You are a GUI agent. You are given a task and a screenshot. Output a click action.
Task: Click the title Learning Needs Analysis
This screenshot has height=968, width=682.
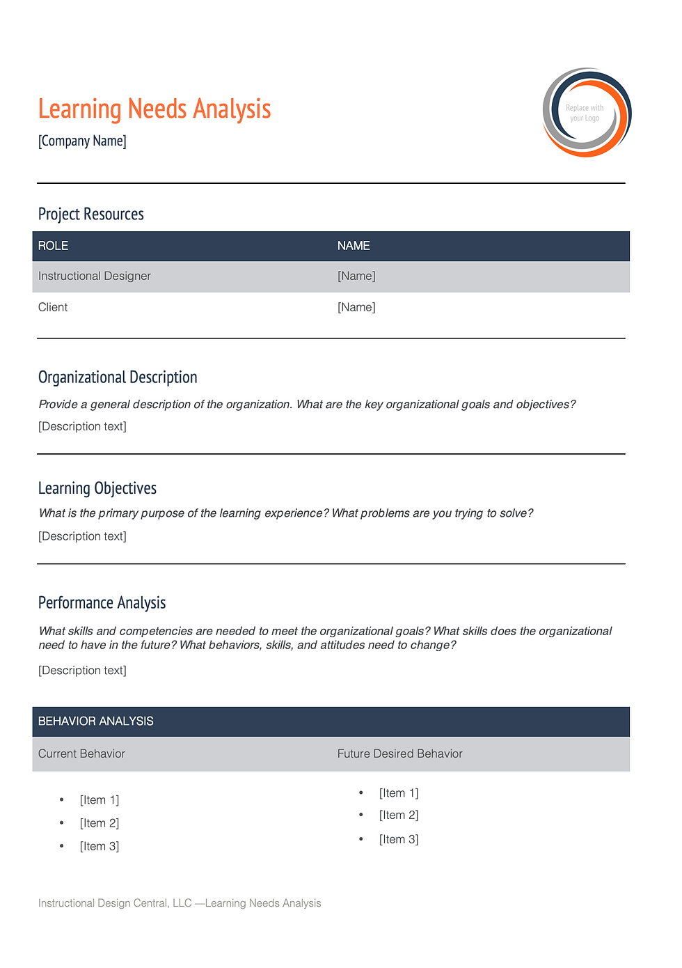(154, 109)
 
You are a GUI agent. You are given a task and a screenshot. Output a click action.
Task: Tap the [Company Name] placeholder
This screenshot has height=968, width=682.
(82, 141)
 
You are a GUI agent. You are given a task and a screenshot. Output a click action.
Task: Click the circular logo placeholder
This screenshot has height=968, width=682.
(587, 112)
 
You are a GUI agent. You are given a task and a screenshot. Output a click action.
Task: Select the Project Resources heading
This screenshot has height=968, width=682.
(91, 214)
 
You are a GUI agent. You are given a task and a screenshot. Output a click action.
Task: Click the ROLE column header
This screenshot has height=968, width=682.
(54, 246)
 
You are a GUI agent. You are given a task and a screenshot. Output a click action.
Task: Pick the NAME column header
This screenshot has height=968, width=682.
(354, 246)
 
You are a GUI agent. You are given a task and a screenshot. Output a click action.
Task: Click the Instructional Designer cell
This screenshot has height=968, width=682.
(95, 276)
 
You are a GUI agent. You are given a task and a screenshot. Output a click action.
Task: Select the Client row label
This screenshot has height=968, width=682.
(53, 307)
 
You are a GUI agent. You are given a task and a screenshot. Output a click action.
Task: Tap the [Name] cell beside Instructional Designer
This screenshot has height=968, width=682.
(356, 276)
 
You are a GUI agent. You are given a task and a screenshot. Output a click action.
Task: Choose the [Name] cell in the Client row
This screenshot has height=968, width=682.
(356, 307)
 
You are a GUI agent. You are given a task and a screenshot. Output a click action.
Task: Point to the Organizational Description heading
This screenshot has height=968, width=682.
(118, 377)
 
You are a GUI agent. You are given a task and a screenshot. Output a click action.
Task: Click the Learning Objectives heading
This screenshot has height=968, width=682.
(97, 488)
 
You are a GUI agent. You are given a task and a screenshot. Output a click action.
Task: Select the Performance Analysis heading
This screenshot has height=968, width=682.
(102, 603)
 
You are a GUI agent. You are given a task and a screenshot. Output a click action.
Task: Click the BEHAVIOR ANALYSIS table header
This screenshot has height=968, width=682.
(96, 721)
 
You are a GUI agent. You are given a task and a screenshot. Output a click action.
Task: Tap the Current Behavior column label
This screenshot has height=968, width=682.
(82, 754)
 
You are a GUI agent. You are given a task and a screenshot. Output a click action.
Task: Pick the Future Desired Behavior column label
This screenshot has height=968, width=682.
(400, 754)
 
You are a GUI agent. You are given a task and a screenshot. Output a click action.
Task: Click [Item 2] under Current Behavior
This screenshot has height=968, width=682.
(100, 823)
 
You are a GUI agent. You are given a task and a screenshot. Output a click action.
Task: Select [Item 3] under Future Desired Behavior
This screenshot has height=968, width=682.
(399, 839)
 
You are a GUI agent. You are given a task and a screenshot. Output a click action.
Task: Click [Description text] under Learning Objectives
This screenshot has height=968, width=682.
(83, 536)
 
